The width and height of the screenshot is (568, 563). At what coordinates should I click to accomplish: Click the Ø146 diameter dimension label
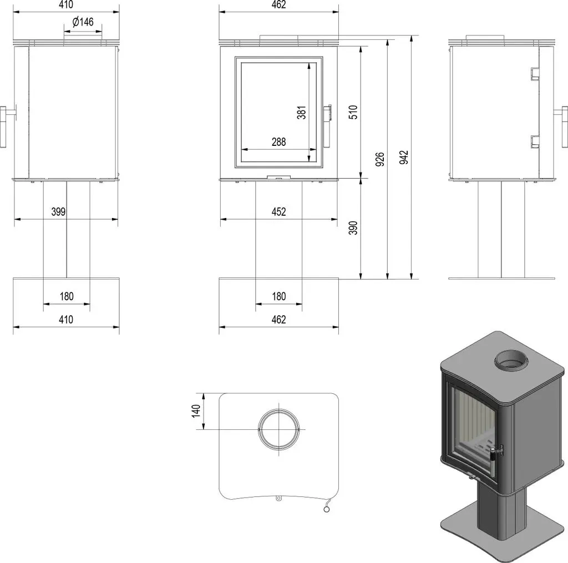pos(83,22)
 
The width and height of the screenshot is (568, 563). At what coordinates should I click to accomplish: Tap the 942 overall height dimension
pos(404,157)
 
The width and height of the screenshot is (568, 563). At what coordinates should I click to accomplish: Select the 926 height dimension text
pos(379,159)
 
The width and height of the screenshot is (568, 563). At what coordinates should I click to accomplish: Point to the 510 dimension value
pos(353,112)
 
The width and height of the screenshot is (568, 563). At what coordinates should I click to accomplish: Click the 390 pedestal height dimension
pos(353,228)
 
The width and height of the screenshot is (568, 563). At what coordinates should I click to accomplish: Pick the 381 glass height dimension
pos(301,113)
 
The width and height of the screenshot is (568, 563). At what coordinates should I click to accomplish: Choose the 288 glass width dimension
pos(278,141)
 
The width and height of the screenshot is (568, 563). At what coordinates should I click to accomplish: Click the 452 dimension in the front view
pos(278,211)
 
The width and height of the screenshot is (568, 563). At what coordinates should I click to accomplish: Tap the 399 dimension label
pos(58,211)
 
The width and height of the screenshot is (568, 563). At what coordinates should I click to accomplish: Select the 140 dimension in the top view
pos(196,411)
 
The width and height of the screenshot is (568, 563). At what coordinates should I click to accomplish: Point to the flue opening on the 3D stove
pos(511,360)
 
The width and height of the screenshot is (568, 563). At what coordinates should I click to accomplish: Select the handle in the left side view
pos(7,126)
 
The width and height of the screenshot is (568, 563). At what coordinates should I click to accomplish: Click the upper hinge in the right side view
pos(535,74)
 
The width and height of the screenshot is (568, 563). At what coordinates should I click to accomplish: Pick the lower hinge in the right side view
pos(535,141)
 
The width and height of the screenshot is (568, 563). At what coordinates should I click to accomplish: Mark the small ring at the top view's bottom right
pos(327,510)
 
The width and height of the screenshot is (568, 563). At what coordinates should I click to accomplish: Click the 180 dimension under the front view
pos(279,296)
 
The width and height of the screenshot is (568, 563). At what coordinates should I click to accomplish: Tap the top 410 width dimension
pos(66,4)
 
